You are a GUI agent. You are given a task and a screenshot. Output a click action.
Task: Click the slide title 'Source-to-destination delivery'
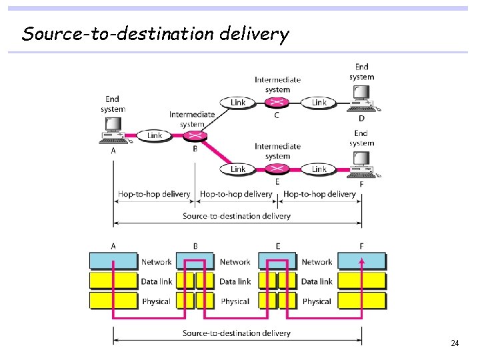pos(155,33)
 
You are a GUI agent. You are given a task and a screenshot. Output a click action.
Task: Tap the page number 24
pos(455,343)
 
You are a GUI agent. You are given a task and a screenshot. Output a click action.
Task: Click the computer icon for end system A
pos(113,131)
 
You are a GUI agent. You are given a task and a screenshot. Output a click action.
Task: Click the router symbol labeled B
pos(195,136)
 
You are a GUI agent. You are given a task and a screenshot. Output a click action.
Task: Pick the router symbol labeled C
pos(277,103)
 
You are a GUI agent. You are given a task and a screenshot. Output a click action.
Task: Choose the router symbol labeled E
pos(277,169)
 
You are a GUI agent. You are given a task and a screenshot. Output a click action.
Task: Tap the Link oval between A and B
pos(155,135)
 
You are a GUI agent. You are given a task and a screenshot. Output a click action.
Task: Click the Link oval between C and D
pos(319,103)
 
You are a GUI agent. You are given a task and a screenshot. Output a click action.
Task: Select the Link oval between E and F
pos(319,169)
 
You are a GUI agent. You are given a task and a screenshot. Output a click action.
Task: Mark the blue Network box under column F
pos(361,261)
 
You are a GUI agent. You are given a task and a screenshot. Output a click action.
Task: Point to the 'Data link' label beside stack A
pos(156,281)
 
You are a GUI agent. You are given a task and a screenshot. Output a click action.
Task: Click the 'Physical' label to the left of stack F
pos(317,301)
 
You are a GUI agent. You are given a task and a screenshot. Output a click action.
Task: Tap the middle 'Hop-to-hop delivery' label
pos(236,195)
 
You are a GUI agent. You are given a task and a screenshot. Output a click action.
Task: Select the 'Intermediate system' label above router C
pos(277,85)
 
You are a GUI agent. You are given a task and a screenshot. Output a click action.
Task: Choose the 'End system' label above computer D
pos(361,71)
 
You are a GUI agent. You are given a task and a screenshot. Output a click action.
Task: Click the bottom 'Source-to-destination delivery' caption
pos(237,333)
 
